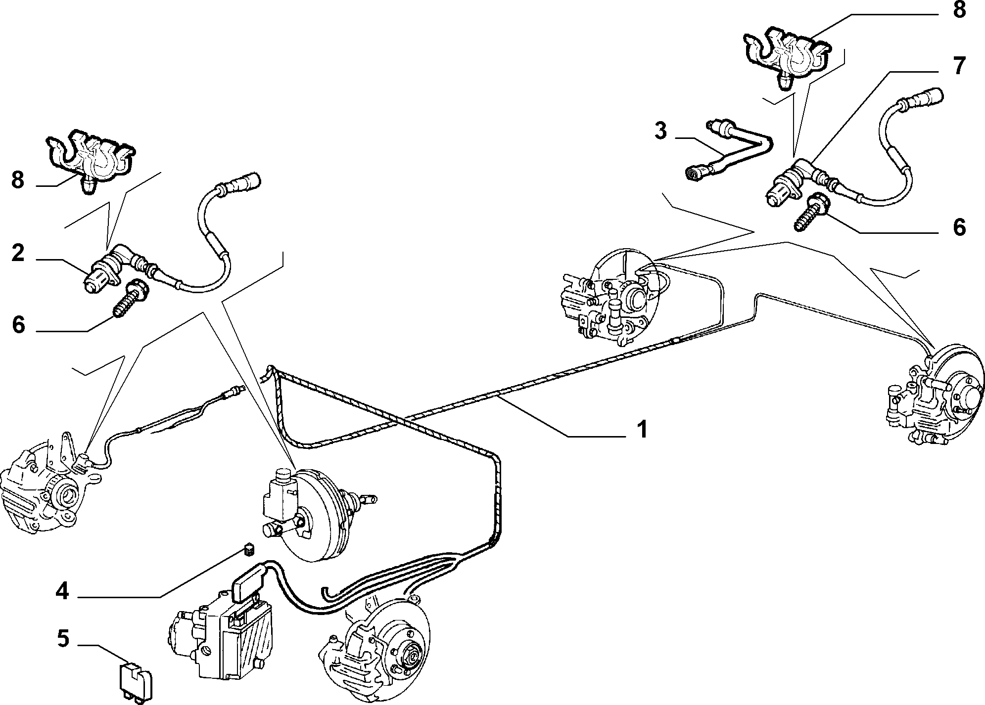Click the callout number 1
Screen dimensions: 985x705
coord(642,430)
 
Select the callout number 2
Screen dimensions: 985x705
coord(18,253)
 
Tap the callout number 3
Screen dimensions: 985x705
coord(660,131)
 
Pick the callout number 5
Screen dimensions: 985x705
coord(63,638)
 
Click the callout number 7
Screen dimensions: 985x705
coord(958,66)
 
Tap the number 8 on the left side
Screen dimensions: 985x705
coord(18,180)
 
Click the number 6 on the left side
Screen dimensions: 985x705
coord(18,325)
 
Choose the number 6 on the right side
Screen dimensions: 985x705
coord(959,227)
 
